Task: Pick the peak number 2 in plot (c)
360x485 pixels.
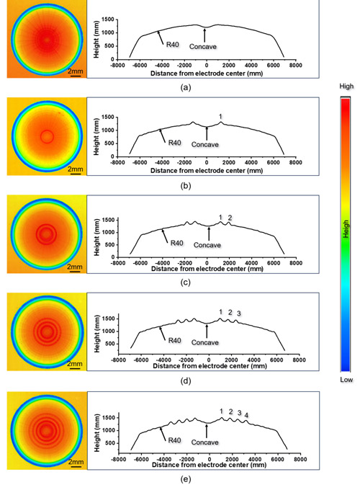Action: pos(230,217)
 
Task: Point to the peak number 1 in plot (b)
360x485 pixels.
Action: pos(221,116)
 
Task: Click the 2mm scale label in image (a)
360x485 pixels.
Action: pos(73,71)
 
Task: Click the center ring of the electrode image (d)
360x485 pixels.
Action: pos(47,332)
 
